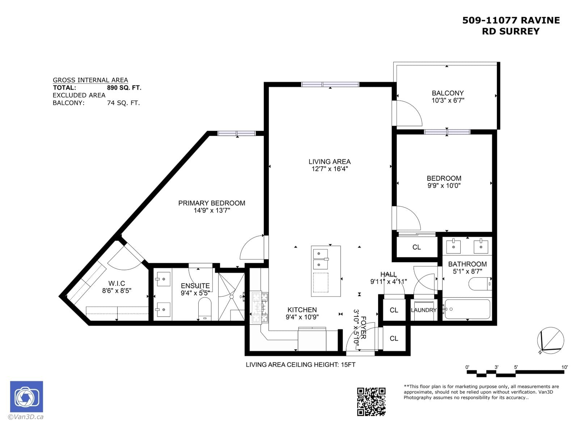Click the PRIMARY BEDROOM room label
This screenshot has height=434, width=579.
click(x=212, y=203)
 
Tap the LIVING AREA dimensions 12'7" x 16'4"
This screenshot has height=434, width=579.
click(x=329, y=169)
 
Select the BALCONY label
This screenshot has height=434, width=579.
click(x=448, y=93)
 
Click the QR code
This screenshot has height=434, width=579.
click(x=371, y=401)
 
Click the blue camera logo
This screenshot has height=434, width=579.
click(x=26, y=397)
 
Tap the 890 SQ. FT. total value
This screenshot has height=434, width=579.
click(x=124, y=88)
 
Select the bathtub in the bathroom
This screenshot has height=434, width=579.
click(x=467, y=309)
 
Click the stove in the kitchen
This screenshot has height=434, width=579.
click(x=260, y=307)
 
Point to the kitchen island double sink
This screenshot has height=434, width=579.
click(x=320, y=259)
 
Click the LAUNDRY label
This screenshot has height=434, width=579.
click(x=423, y=310)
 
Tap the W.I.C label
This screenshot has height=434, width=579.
click(x=117, y=284)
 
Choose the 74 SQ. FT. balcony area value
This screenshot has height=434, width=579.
click(x=123, y=103)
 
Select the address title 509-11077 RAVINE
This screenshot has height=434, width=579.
click(x=511, y=20)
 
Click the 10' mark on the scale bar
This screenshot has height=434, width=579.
click(x=564, y=367)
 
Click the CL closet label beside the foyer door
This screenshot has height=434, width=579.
click(x=394, y=338)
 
